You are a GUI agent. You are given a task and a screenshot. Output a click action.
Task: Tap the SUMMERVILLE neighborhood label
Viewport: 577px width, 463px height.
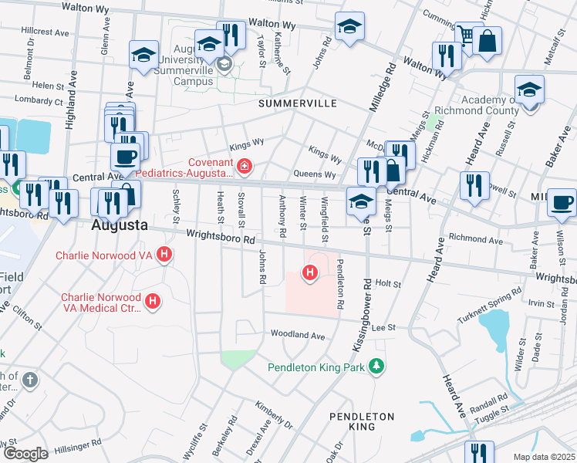click(292, 103)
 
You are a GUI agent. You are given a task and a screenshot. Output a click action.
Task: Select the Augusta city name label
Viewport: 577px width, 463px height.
click(119, 226)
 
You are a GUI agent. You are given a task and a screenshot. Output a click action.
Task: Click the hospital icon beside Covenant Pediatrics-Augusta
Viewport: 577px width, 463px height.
click(245, 166)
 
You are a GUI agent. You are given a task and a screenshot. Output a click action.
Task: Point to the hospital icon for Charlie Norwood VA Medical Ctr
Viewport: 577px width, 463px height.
click(154, 301)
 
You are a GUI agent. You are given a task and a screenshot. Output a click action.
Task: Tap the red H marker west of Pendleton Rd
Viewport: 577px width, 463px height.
click(309, 272)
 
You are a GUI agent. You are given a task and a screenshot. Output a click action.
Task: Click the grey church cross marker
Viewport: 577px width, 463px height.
click(29, 380)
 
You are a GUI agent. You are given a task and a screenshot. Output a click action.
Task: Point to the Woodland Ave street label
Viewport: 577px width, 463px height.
click(297, 335)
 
